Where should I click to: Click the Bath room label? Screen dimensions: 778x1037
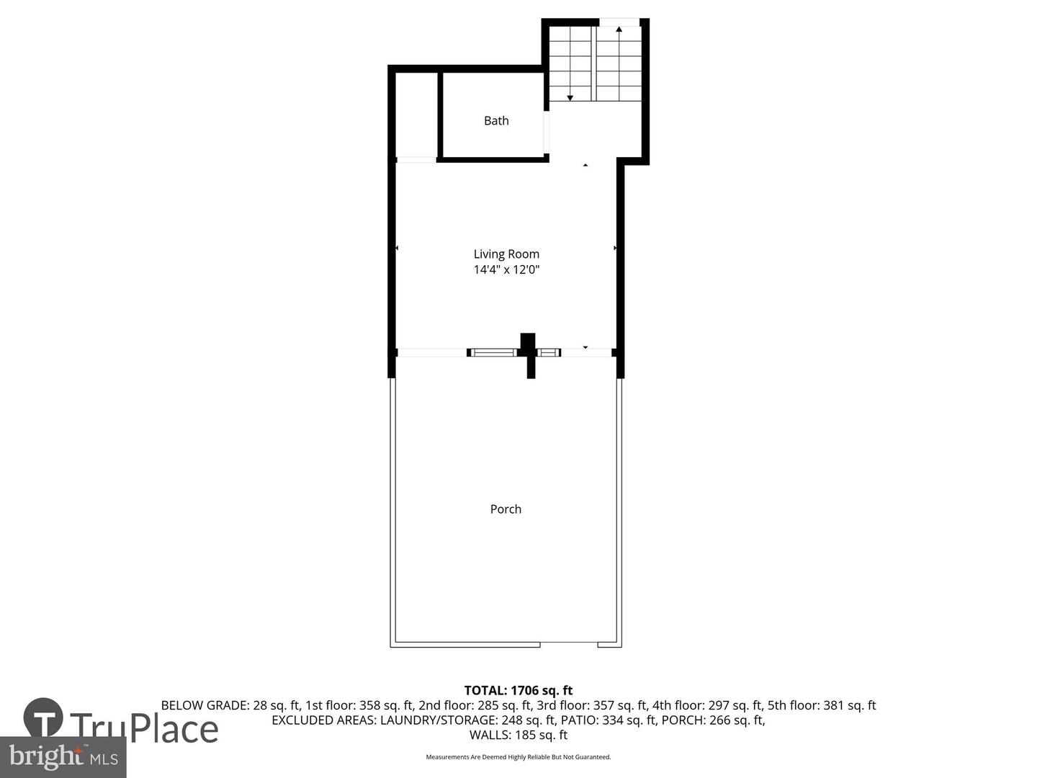tap(496, 121)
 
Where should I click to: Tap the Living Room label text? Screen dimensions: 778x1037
tap(506, 254)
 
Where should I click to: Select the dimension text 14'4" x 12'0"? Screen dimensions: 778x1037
tap(506, 270)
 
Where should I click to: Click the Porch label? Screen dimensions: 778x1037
tap(506, 509)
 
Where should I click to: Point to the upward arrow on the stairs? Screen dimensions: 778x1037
tap(619, 30)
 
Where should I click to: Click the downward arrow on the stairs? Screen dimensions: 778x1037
tap(570, 97)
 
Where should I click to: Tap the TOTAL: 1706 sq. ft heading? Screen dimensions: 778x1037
tap(518, 691)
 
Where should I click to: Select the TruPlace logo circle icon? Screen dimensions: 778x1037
tap(43, 717)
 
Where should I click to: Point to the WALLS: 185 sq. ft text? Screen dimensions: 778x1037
tap(518, 735)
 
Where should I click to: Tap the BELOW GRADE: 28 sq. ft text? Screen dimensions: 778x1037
tap(230, 706)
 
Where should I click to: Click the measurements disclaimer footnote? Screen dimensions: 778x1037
tap(518, 757)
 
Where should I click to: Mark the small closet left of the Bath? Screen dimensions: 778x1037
tap(416, 115)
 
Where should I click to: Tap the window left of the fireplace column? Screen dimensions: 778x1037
tap(493, 352)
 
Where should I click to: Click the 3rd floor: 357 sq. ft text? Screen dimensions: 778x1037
tap(591, 706)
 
